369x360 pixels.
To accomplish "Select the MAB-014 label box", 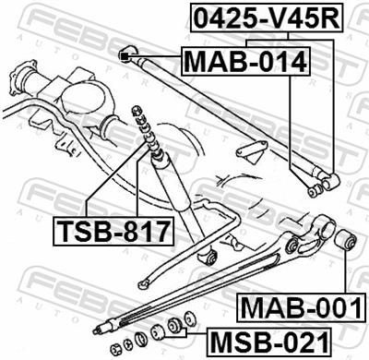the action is point(244,62).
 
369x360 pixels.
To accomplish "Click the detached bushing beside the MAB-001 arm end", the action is point(347,242).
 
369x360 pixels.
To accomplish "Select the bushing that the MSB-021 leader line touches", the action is point(173,329).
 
